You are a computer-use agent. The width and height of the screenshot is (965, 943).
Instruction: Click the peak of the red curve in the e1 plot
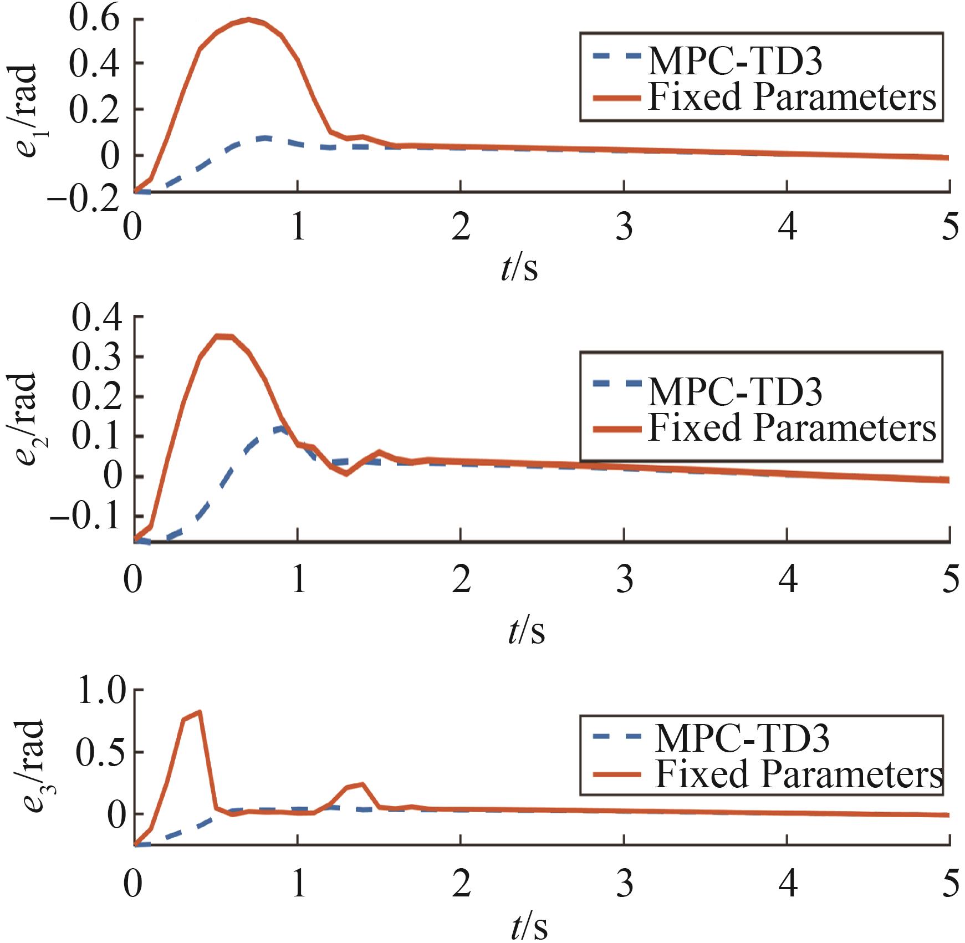(249, 20)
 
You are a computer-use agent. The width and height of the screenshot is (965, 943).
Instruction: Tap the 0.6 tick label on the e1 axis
(94, 19)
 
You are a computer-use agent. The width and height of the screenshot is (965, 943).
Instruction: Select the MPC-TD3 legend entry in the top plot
(734, 60)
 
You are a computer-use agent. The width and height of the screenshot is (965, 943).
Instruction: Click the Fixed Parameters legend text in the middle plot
(792, 429)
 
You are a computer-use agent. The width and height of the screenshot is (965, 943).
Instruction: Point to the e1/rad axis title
(25, 111)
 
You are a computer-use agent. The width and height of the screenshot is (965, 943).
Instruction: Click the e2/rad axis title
(25, 420)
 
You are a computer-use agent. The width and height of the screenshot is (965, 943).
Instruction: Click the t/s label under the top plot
(519, 268)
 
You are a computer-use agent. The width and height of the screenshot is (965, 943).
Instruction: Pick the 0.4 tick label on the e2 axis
(97, 318)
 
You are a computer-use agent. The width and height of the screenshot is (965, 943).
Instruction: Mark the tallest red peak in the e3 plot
(199, 712)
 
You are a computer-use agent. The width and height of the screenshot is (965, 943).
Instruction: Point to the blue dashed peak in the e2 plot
(280, 427)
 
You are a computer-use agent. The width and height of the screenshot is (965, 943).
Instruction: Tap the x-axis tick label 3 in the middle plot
(625, 580)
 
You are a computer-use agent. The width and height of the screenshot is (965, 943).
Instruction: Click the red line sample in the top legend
(616, 98)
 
